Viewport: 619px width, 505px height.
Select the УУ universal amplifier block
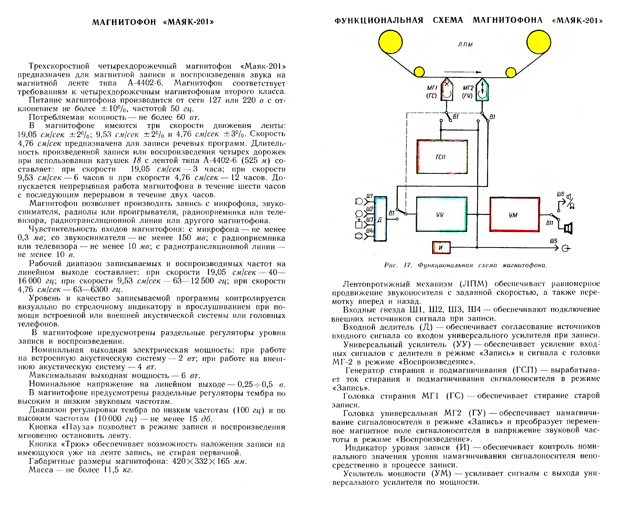(x=441, y=214)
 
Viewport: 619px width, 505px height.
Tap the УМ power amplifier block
(x=514, y=215)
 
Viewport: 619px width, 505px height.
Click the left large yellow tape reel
(x=390, y=42)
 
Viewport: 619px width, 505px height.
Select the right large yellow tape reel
(x=538, y=42)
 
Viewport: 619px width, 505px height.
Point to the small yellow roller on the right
(x=511, y=72)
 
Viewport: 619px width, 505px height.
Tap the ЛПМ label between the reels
(x=465, y=44)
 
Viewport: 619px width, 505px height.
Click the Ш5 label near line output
(x=554, y=241)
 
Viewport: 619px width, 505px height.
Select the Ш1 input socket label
(x=369, y=196)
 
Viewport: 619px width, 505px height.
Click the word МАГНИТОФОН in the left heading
(x=124, y=22)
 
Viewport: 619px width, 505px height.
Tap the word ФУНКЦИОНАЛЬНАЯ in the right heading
(x=379, y=20)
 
